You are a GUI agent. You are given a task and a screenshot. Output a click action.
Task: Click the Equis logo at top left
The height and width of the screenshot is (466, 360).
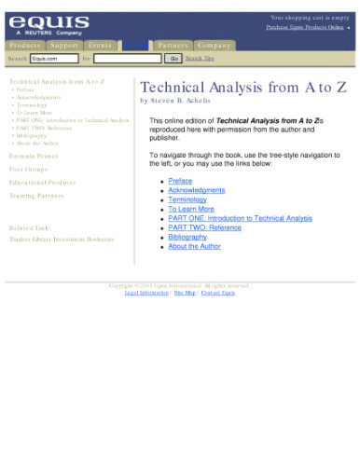tap(49, 23)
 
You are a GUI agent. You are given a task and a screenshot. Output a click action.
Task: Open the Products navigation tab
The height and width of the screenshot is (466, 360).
tap(25, 45)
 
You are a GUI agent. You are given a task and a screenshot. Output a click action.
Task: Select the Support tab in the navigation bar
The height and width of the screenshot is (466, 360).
tap(64, 45)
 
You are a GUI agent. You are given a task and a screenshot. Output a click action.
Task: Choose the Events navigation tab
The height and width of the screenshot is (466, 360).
tap(99, 45)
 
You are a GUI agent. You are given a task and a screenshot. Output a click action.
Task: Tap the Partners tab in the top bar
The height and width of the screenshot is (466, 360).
tap(173, 45)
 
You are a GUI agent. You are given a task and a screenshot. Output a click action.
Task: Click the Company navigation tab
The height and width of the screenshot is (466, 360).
tap(214, 45)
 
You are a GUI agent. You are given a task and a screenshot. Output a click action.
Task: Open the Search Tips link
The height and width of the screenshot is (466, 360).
tap(200, 58)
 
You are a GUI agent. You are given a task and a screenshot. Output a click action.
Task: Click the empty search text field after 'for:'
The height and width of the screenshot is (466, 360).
tap(127, 58)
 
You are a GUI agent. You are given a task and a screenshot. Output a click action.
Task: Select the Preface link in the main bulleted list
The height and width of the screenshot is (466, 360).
tap(180, 180)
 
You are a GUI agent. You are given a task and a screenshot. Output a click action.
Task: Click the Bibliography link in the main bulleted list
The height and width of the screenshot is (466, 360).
tap(187, 237)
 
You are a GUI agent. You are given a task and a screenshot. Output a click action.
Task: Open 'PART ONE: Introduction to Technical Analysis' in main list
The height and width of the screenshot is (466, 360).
tap(240, 218)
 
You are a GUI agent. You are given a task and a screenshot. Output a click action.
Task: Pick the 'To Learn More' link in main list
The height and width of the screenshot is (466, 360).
tap(190, 209)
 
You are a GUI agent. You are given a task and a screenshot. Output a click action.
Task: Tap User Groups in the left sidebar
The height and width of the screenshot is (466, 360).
tap(30, 170)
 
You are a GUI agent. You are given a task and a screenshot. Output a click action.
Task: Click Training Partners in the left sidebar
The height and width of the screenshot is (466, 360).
tap(36, 196)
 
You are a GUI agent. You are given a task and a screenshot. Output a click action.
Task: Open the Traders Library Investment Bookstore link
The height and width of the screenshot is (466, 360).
tap(62, 240)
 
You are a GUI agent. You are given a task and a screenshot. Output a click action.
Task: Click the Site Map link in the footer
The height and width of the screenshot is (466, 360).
tap(184, 293)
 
